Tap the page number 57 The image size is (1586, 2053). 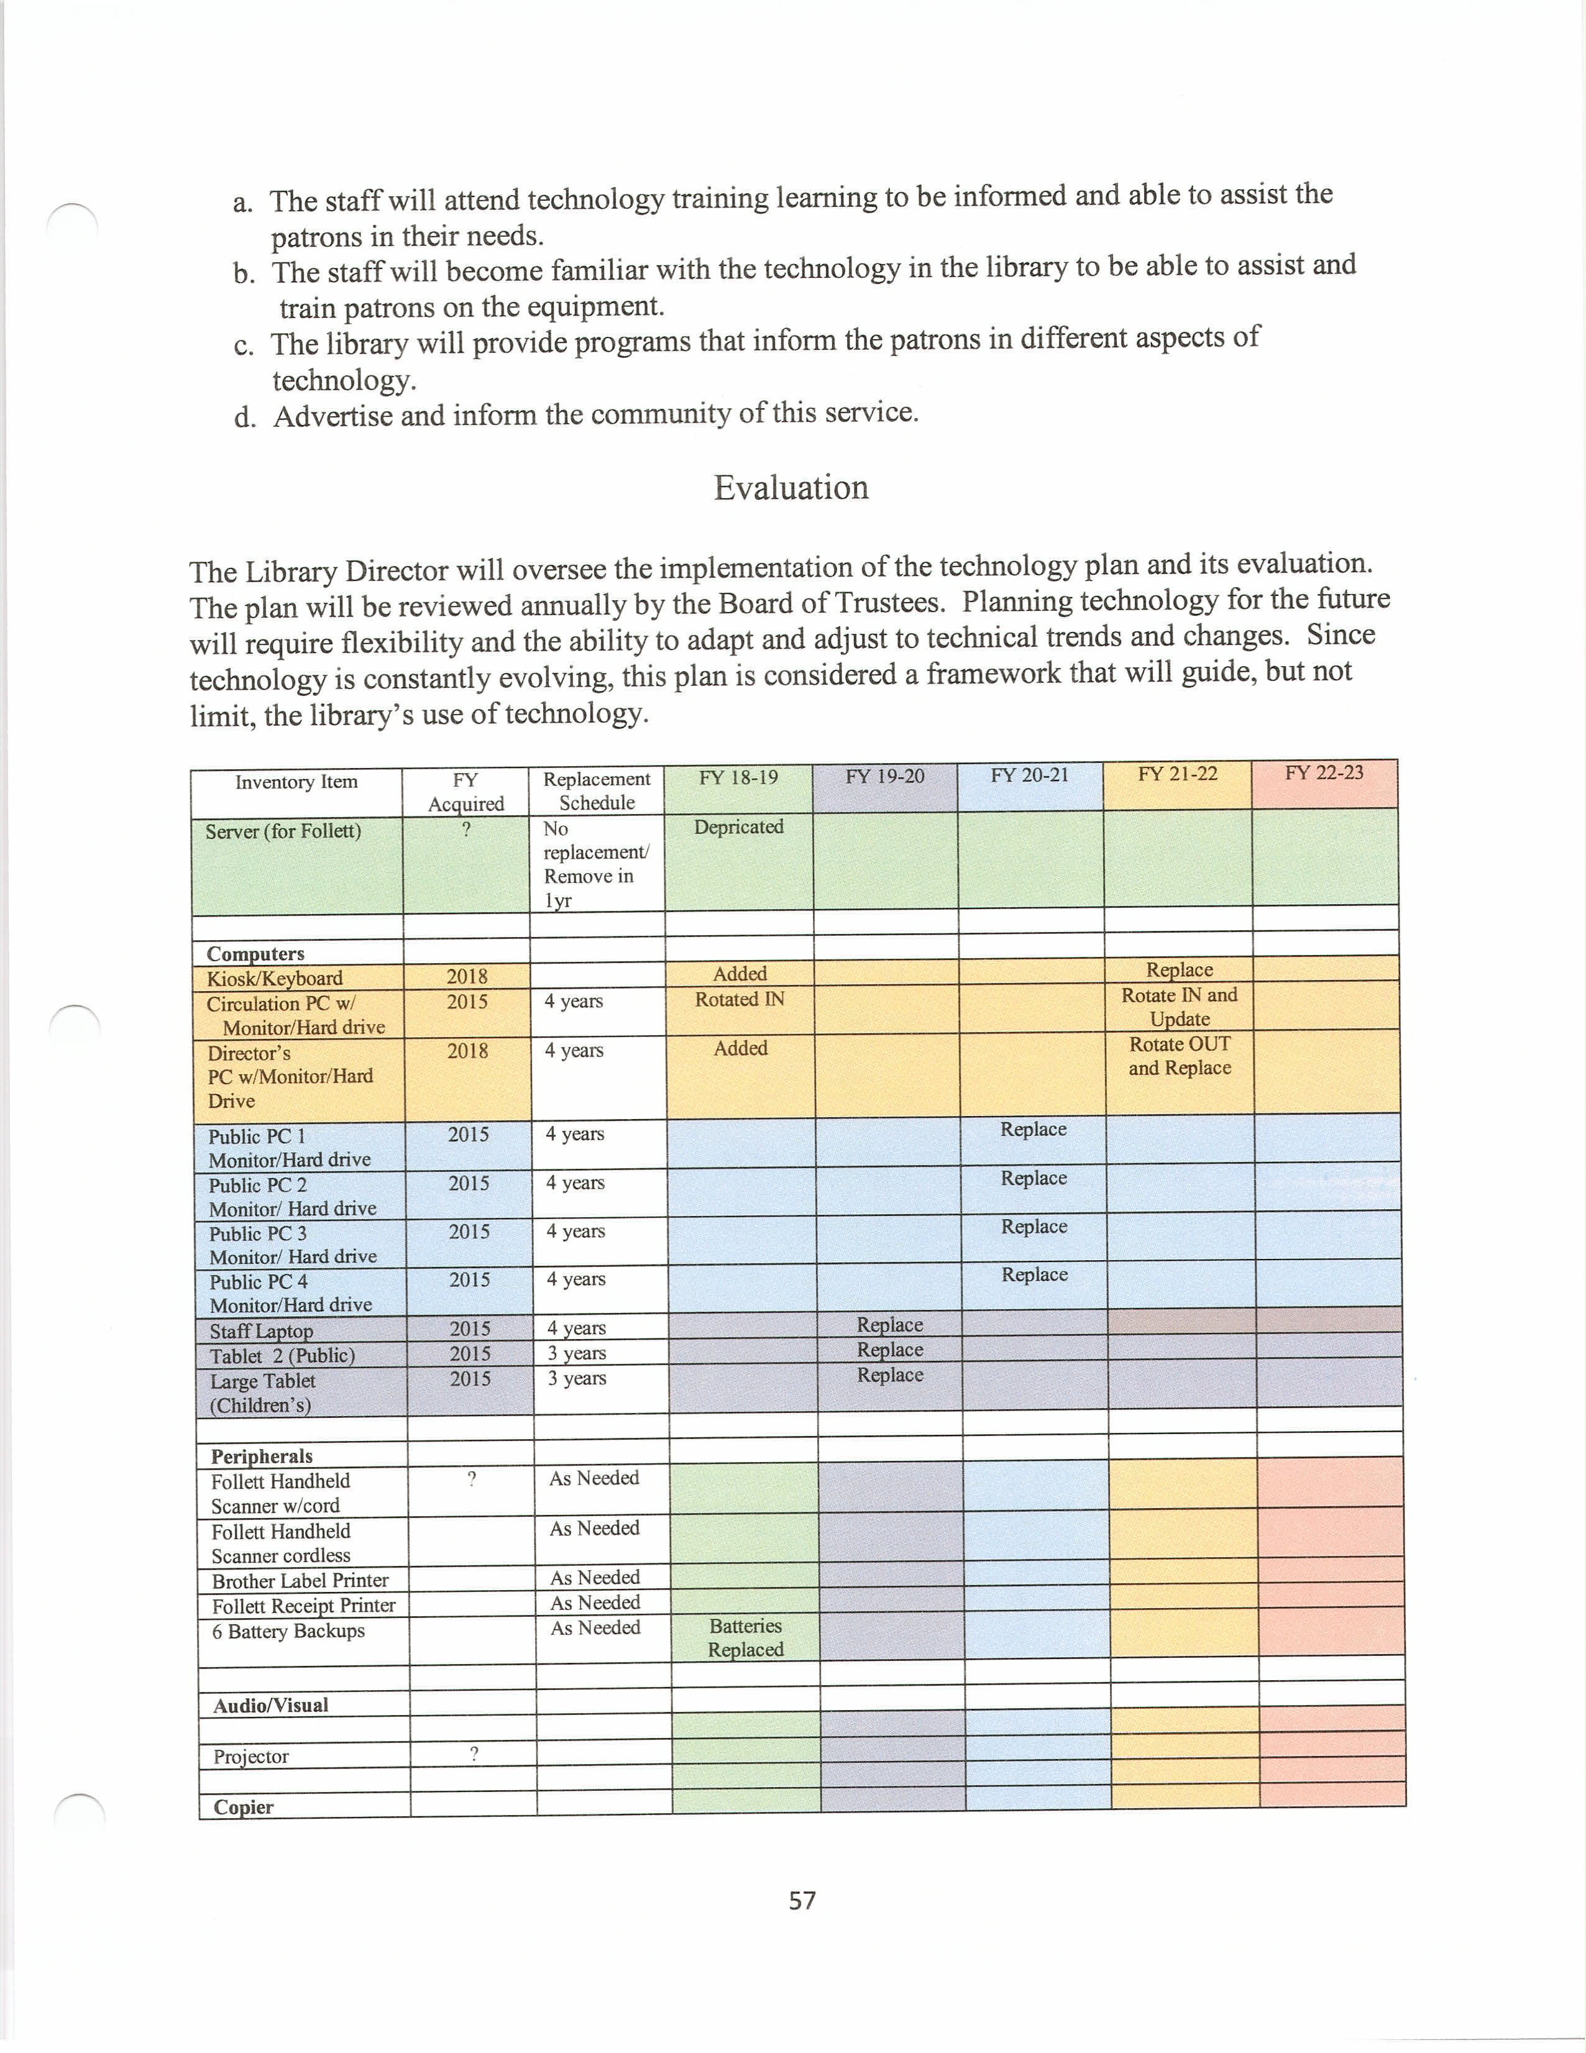(802, 1900)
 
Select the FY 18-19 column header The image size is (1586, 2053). (738, 777)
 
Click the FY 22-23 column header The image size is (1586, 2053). (1324, 773)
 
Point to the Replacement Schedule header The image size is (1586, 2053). (597, 790)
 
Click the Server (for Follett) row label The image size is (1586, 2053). (283, 831)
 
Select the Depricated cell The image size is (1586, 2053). (739, 826)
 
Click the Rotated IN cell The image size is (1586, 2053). (740, 999)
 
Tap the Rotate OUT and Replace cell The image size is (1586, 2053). (1180, 1056)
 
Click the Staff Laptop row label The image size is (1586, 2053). (262, 1331)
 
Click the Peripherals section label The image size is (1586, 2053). (262, 1456)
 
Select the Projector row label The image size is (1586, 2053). (251, 1756)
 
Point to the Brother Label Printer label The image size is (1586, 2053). (300, 1580)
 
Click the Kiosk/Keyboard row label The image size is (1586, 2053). (275, 977)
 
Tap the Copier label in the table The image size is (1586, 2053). (244, 1807)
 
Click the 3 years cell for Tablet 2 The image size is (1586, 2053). (577, 1353)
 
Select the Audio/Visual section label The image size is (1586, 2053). (271, 1705)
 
